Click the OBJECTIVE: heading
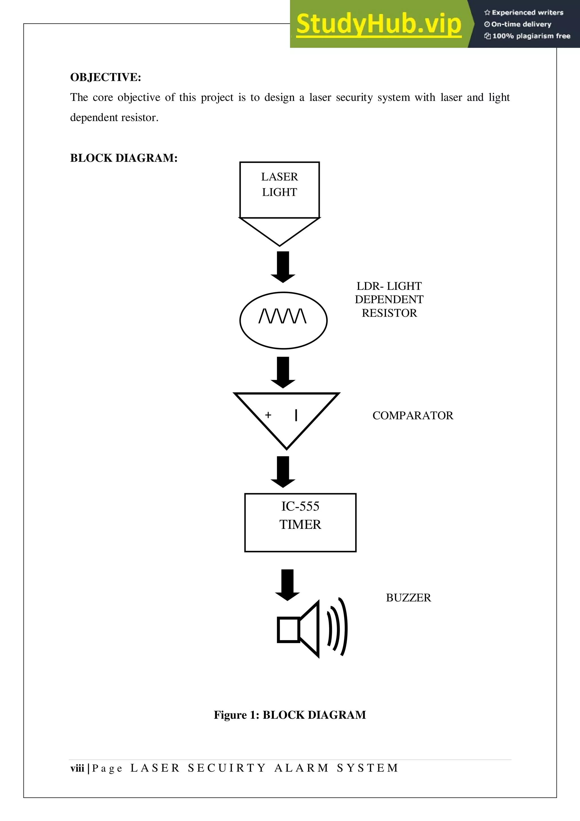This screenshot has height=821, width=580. pos(105,77)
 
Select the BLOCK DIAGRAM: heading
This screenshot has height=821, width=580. pos(124,158)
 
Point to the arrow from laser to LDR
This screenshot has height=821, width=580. pos(283,267)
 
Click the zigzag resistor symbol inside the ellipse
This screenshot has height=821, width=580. pos(282,316)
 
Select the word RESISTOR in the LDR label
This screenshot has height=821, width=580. pos(389,313)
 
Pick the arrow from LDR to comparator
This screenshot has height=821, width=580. pos(283,372)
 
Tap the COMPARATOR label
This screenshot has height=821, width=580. pos(412,415)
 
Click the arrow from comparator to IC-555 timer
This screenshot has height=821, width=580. pos(283,472)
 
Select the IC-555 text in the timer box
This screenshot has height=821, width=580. pos(300,506)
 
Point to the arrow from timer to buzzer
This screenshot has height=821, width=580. pos(287,585)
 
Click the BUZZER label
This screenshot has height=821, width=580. pos(408,598)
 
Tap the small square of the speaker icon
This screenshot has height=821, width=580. pos(288,629)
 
